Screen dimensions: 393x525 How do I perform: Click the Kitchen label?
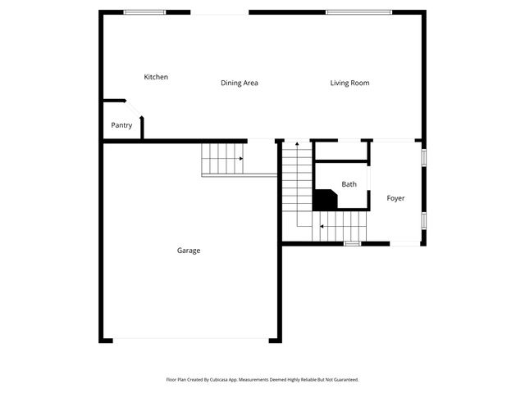tap(156, 77)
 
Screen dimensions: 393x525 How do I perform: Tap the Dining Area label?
tap(240, 83)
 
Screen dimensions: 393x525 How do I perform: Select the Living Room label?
tap(349, 83)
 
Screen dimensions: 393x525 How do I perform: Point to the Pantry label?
tap(121, 125)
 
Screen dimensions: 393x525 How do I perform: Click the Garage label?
tap(189, 251)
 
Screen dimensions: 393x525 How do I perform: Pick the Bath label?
tap(349, 184)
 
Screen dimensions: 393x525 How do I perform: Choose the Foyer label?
tap(395, 198)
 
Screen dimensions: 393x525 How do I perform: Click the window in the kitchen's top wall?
tap(144, 12)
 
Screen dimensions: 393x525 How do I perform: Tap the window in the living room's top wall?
tap(357, 12)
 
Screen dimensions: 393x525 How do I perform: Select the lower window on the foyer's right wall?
tap(424, 221)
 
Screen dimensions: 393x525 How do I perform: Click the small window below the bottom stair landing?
tap(352, 243)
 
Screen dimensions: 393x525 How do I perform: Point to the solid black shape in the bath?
tap(325, 200)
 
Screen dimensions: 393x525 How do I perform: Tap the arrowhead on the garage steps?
tap(240, 158)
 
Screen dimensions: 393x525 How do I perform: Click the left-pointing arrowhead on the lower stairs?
tap(322, 226)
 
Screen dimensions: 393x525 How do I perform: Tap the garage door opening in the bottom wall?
tap(190, 340)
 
